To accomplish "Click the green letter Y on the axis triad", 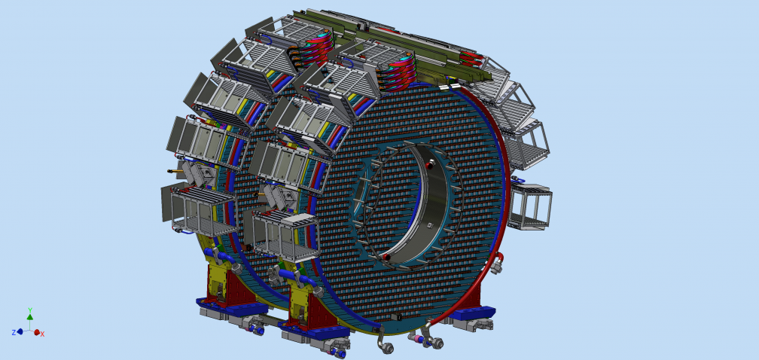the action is (30, 310).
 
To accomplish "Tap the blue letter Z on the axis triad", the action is (14, 332).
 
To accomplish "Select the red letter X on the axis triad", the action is (43, 334).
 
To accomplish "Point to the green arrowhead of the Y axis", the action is (30, 317).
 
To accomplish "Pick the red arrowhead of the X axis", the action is (36, 332).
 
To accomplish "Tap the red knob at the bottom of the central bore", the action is (387, 258).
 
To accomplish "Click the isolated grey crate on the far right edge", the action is (531, 206).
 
